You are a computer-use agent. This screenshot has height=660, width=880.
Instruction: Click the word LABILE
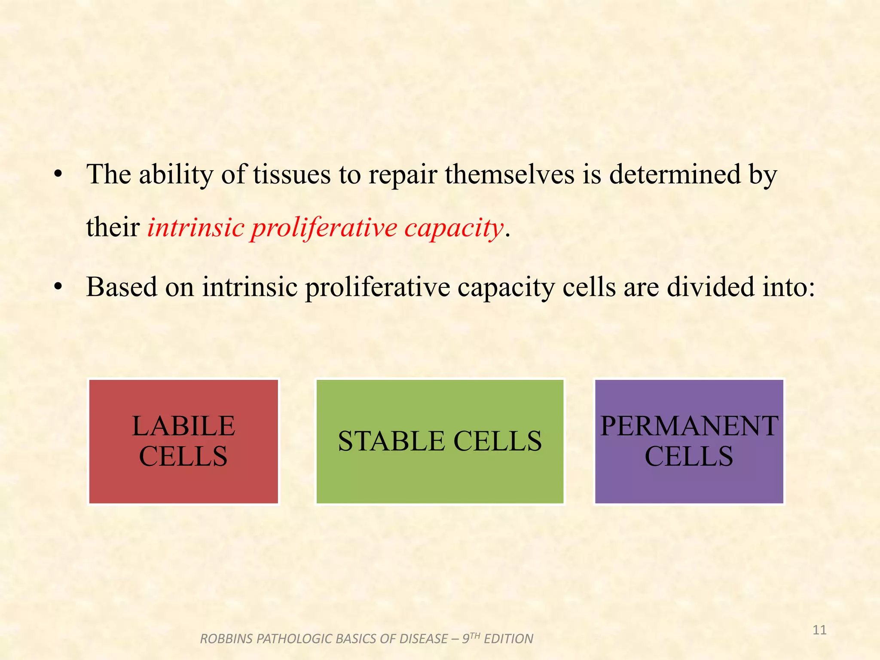click(183, 426)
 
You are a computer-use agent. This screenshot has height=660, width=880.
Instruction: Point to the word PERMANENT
click(689, 426)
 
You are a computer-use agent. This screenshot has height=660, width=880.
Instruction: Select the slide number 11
click(820, 630)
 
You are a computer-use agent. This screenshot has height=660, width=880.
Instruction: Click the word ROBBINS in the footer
click(226, 639)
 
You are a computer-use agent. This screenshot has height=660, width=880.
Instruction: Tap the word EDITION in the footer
click(508, 639)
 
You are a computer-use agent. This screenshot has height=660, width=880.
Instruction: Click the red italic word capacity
click(453, 228)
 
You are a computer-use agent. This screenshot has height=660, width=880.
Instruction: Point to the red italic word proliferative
click(324, 228)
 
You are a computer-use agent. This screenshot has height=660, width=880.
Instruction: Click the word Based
click(122, 287)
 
